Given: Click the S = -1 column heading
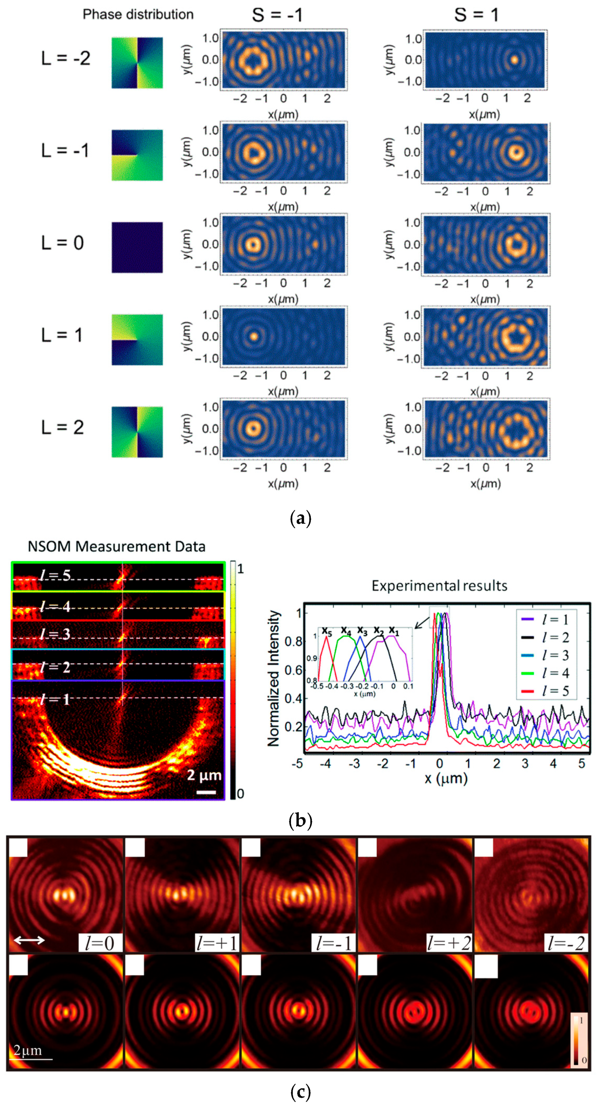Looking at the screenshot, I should click(x=278, y=15).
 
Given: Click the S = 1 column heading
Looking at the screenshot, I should click(x=477, y=15).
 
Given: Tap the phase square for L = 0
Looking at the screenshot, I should click(x=137, y=248).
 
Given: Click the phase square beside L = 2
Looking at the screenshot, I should click(x=137, y=432).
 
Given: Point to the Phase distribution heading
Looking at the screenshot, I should click(x=138, y=15).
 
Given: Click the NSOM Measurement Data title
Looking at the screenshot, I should click(x=116, y=547).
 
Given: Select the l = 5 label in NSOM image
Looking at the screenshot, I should click(x=55, y=576).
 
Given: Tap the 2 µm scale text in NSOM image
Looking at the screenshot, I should click(x=204, y=775).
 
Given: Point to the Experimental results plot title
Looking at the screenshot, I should click(x=439, y=586).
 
